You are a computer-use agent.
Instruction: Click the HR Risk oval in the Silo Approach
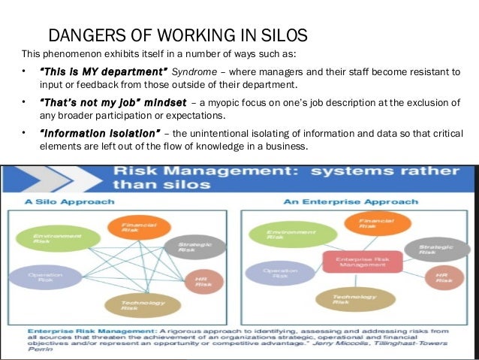[x=204, y=281]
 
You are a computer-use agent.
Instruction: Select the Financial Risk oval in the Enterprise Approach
[x=378, y=223]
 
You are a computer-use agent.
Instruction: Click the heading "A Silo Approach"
[x=69, y=201]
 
